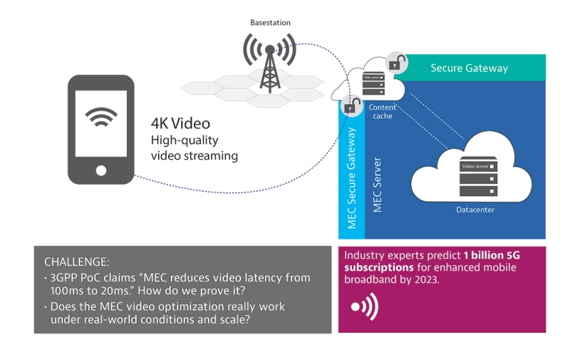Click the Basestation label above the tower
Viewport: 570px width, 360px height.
(270, 23)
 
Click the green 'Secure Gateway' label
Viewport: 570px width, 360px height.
(469, 68)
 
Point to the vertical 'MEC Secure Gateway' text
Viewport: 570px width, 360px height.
(351, 178)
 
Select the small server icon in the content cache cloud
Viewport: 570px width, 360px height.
(374, 84)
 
